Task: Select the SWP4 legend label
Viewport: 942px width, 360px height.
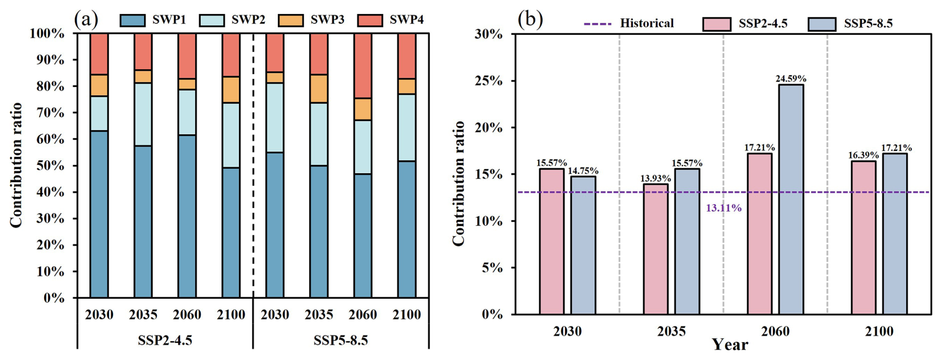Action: coord(406,20)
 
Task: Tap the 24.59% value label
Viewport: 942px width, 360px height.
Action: coord(791,79)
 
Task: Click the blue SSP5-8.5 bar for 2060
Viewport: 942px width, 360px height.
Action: coord(791,199)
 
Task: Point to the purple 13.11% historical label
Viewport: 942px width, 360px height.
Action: coord(723,208)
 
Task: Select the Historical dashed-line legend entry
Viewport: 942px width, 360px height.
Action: coord(628,23)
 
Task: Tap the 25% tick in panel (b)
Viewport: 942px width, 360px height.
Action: coord(490,81)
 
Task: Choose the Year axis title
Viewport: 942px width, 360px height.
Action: coord(729,345)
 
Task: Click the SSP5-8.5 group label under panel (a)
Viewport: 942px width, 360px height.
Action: coord(341,341)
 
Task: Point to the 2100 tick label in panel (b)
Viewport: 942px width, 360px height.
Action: coord(879,331)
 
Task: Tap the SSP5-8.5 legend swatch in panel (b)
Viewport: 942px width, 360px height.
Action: coord(822,24)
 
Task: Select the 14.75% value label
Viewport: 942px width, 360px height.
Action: coord(583,171)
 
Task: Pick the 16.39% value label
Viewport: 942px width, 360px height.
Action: coord(863,155)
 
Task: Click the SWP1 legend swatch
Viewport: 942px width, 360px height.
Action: coord(132,20)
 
